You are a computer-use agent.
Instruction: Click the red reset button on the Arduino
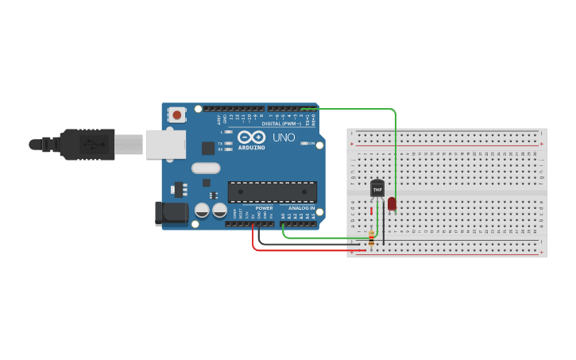click(x=176, y=115)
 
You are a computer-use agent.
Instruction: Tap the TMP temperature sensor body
click(x=377, y=189)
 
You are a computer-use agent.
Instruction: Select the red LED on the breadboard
click(x=392, y=203)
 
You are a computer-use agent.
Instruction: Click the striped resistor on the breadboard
click(x=371, y=238)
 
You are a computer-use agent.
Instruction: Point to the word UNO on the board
click(x=284, y=138)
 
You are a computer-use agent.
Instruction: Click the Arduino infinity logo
click(x=251, y=137)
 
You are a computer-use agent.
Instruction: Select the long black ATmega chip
click(x=272, y=192)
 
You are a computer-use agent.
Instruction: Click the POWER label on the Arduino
click(x=264, y=208)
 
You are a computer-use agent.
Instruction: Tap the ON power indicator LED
click(x=303, y=144)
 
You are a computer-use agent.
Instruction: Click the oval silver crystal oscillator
click(x=205, y=168)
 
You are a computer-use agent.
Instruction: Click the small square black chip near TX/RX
click(x=207, y=147)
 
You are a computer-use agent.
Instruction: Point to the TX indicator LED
click(x=228, y=143)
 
